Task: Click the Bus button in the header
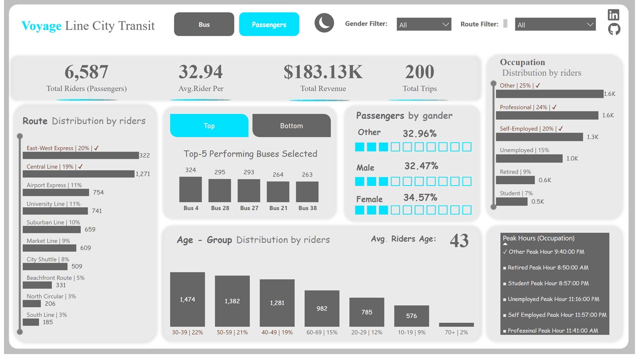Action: pos(204,24)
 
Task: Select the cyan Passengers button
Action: pos(269,24)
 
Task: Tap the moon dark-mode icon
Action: pos(324,23)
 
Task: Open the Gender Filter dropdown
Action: pos(424,24)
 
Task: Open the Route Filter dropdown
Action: pos(555,24)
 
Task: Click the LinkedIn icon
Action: pos(613,14)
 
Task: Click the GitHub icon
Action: pos(614,29)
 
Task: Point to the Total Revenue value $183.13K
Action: pos(323,72)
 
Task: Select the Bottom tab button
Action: pos(291,125)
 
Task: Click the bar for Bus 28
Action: pos(219,190)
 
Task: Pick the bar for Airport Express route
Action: pos(55,192)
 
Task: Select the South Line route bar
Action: pos(30,322)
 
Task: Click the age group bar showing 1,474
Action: pos(187,299)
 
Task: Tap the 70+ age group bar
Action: pos(456,324)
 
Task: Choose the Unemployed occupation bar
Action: pos(529,158)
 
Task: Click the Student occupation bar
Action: pos(511,201)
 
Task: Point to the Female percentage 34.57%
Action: pos(420,197)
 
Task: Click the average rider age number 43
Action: pos(459,241)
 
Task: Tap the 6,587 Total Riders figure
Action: pos(86,72)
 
